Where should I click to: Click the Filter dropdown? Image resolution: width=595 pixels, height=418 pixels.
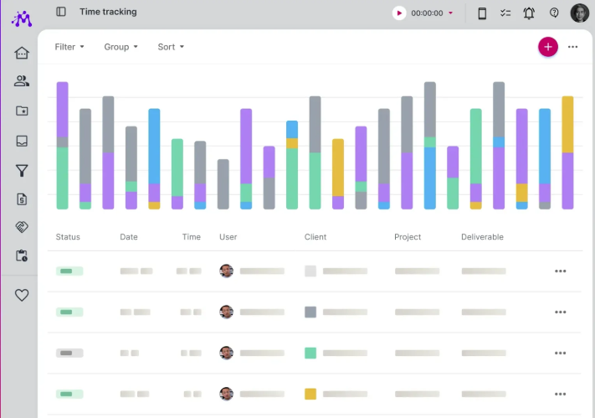point(69,47)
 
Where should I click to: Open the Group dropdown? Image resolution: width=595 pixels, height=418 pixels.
point(121,47)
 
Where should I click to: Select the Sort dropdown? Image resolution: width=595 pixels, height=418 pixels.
point(171,47)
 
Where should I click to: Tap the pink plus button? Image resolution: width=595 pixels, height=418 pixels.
point(548,47)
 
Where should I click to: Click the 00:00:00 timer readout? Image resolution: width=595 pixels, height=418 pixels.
point(427,13)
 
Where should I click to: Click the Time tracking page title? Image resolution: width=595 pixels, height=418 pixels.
point(108,13)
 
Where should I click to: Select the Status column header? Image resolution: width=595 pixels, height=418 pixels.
point(68,237)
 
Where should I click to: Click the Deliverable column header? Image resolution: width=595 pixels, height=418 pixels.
point(482,237)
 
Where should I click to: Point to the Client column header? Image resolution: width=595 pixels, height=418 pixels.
point(315,237)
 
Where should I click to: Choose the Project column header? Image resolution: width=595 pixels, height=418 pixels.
point(408,237)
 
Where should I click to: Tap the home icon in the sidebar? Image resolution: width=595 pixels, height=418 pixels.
point(22,53)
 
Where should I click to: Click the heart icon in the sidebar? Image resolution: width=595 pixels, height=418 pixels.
point(22,295)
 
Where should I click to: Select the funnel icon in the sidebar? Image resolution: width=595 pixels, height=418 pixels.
point(22,171)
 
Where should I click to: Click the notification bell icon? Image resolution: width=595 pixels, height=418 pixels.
point(529,13)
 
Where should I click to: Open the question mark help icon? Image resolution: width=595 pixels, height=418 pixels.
point(554,13)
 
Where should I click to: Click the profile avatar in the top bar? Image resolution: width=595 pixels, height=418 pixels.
point(579,13)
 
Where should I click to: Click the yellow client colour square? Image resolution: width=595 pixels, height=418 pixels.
point(310,394)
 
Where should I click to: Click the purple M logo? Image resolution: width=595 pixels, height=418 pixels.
point(22,18)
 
